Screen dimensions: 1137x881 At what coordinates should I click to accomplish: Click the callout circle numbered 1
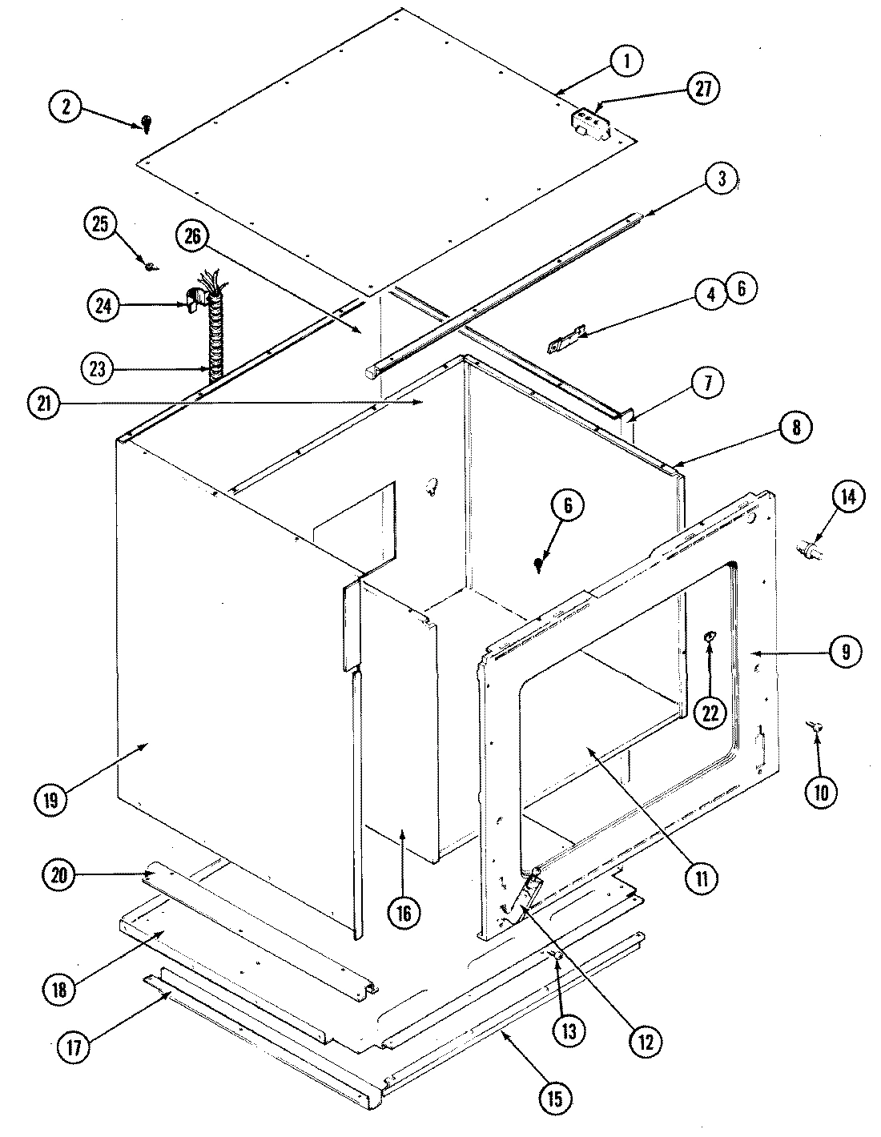click(x=626, y=61)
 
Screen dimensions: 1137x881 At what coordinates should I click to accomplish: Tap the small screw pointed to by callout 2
click(x=147, y=123)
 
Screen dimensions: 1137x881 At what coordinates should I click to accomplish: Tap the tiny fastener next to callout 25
click(x=149, y=265)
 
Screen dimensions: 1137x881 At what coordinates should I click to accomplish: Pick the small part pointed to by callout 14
click(x=811, y=551)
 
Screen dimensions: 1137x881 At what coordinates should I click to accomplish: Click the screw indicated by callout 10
click(x=815, y=726)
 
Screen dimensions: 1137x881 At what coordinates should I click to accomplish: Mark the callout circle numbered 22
click(x=710, y=712)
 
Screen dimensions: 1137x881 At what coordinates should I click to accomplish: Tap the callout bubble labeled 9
click(x=845, y=650)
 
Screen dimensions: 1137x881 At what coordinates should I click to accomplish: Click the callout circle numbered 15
click(x=555, y=1099)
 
